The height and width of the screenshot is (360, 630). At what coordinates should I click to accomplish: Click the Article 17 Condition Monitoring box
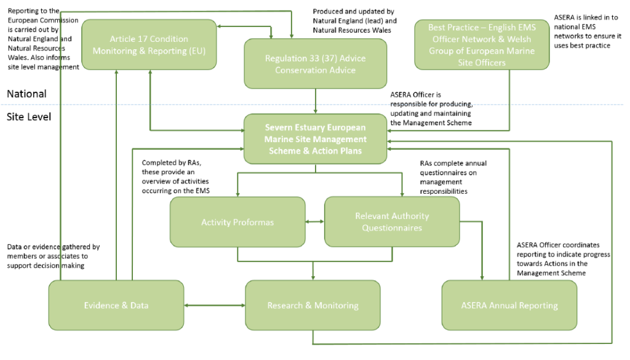[x=149, y=44]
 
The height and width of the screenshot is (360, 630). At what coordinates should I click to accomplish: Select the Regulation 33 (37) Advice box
[x=316, y=63]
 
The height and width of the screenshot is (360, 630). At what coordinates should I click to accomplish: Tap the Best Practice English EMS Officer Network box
[x=482, y=44]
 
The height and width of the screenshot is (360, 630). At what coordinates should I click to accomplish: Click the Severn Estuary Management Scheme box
[x=316, y=138]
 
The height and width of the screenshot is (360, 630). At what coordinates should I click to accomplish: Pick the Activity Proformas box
[x=237, y=222]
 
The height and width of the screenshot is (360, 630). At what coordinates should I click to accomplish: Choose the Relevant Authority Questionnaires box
[x=392, y=222]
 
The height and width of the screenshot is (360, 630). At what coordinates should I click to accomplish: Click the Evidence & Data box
[x=116, y=305]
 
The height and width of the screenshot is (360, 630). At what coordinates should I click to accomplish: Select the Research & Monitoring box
[x=313, y=305]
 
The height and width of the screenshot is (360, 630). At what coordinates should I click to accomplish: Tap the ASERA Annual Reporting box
[x=509, y=305]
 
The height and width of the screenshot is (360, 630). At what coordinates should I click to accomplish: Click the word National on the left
[x=26, y=94]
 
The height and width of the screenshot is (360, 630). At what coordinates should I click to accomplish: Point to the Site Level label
[x=29, y=117]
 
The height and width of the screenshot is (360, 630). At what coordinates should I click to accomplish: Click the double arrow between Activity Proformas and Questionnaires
[x=314, y=222]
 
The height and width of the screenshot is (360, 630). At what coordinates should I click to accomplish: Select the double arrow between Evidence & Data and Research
[x=215, y=305]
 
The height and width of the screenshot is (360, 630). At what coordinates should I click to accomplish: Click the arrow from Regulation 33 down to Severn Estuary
[x=316, y=101]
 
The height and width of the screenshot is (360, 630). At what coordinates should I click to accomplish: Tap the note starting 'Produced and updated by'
[x=355, y=21]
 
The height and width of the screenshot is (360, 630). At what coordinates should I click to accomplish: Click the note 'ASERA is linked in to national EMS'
[x=588, y=31]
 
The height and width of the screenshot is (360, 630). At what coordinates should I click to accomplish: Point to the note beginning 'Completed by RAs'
[x=175, y=177]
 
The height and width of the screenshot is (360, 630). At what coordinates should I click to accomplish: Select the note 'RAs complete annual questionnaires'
[x=453, y=177]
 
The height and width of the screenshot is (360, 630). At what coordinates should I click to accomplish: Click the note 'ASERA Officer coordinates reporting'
[x=564, y=258]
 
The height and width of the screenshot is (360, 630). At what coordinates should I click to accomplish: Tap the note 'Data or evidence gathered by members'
[x=54, y=256]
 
